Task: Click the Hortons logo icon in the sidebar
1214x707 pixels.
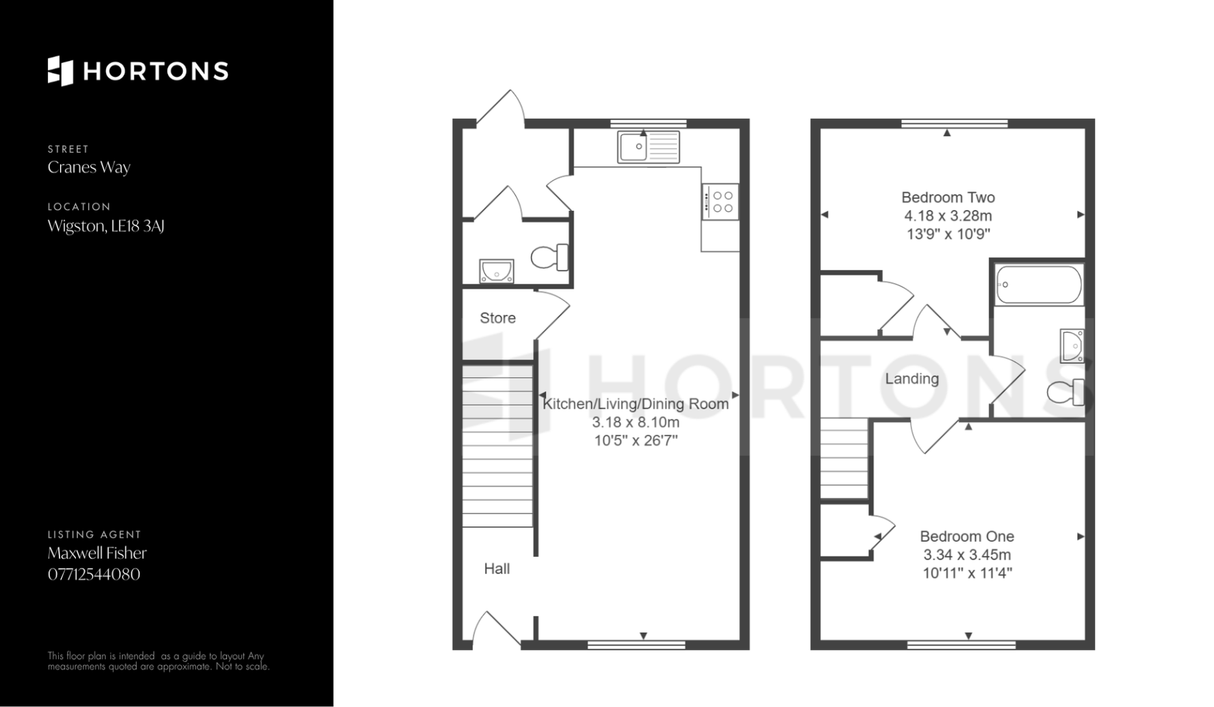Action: [60, 71]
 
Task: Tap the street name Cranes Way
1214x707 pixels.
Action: [89, 167]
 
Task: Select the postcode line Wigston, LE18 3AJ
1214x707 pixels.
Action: [106, 226]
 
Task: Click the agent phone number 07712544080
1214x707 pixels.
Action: [94, 574]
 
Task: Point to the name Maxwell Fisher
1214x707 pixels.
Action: [97, 553]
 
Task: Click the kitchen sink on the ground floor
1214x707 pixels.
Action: [649, 147]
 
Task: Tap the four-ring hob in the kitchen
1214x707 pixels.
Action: [720, 202]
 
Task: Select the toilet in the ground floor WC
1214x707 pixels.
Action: [549, 257]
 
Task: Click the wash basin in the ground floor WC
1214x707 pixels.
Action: [496, 271]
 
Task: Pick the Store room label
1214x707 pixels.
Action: [498, 318]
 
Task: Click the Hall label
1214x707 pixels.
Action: [497, 569]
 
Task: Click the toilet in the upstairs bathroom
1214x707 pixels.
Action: [1066, 392]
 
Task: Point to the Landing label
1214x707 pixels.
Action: [912, 378]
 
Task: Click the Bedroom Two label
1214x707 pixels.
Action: [948, 197]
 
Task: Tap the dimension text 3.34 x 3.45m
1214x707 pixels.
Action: [967, 555]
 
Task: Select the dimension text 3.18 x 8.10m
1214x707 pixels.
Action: [635, 422]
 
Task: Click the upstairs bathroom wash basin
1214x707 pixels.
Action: [1072, 346]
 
